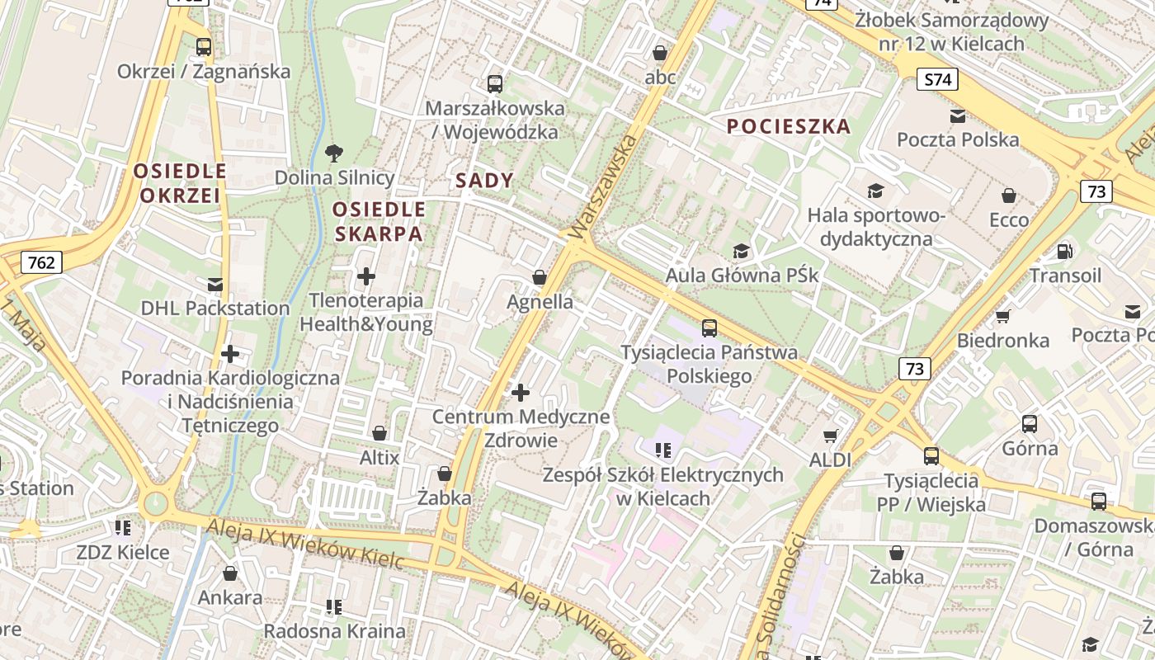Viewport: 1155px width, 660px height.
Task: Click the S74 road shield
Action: click(x=937, y=80)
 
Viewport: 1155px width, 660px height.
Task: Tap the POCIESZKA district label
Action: click(x=789, y=126)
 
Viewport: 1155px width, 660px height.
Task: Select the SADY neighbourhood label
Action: click(x=484, y=181)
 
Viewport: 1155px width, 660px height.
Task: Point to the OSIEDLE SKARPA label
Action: click(x=379, y=221)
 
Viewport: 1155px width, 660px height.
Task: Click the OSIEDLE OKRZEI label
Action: click(x=180, y=183)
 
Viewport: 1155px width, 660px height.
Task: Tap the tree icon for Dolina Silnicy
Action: click(x=334, y=153)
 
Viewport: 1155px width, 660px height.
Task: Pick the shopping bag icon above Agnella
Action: click(x=540, y=277)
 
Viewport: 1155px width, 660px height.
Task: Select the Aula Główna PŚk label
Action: click(x=742, y=275)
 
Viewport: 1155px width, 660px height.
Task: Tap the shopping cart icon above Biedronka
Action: click(x=1003, y=316)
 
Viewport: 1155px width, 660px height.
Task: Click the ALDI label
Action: click(x=830, y=460)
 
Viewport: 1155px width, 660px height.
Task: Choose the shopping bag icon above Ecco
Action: click(x=1009, y=196)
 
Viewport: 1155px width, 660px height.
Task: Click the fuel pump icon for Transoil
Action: click(x=1065, y=251)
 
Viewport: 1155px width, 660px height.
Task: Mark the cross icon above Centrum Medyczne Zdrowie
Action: click(x=521, y=393)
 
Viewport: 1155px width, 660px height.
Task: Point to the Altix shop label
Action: click(x=379, y=457)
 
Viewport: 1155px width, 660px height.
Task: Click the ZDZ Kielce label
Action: click(x=123, y=552)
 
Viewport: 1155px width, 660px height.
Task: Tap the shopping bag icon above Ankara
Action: click(x=230, y=573)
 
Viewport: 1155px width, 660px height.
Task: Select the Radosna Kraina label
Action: click(x=334, y=631)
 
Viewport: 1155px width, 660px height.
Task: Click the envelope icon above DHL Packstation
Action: click(x=215, y=285)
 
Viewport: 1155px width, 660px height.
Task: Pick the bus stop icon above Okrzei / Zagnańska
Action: click(x=204, y=47)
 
